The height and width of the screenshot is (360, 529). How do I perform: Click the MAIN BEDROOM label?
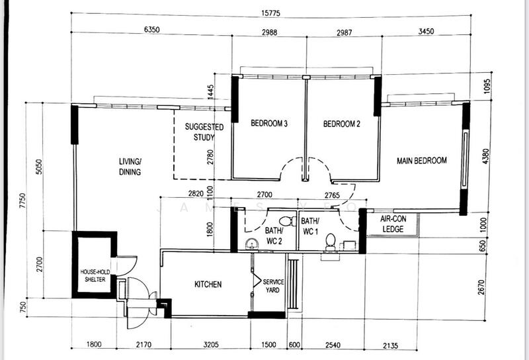(421, 160)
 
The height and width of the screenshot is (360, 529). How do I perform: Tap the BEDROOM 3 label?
(268, 124)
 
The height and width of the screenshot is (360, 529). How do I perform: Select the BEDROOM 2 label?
(341, 124)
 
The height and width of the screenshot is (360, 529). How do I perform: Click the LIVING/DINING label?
(130, 167)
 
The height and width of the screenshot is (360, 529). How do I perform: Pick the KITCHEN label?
(208, 285)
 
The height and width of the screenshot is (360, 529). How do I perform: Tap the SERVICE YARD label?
(273, 287)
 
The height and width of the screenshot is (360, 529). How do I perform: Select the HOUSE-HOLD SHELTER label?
(93, 275)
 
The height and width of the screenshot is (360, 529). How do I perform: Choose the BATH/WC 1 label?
(310, 225)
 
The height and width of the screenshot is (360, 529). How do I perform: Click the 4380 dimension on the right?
(486, 156)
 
